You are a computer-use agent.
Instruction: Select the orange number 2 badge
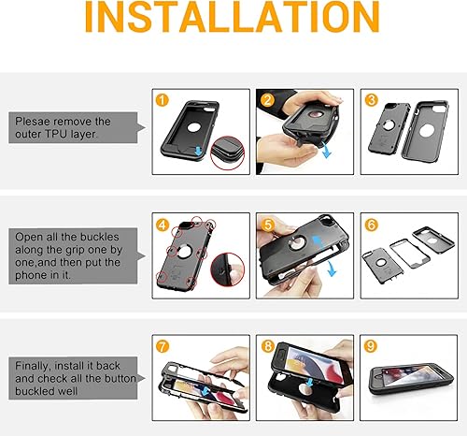(266, 99)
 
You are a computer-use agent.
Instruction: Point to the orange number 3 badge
(370, 99)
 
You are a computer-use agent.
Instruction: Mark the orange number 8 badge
(266, 345)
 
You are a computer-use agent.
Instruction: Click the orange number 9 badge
(370, 345)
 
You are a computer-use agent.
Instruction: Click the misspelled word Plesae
(35, 122)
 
